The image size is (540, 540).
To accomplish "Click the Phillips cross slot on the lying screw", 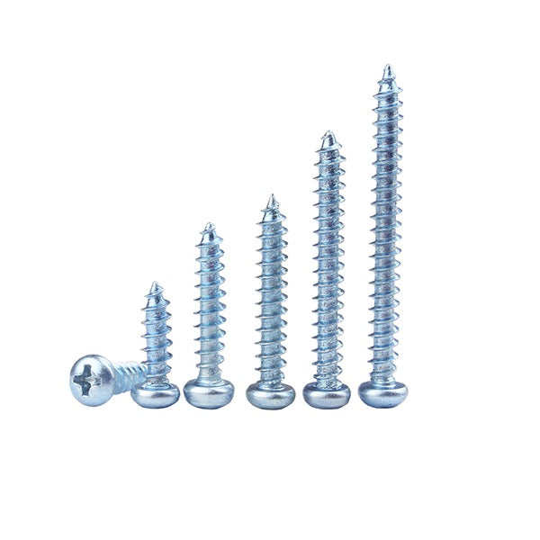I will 85,379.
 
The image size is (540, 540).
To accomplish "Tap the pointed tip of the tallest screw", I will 387,68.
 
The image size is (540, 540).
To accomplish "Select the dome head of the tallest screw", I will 382,392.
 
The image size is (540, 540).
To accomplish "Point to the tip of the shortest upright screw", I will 156,286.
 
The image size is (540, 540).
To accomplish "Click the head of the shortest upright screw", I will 155,394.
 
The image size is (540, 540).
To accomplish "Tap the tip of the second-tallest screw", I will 328,135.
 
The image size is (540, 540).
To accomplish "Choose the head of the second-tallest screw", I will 327,393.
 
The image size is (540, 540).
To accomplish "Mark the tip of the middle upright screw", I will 271,198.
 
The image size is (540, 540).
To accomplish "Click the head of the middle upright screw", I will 270,394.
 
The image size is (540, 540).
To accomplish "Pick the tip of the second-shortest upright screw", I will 209,227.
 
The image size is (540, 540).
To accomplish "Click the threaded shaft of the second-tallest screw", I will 328,261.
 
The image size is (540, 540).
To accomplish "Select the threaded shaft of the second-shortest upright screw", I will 209,306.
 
